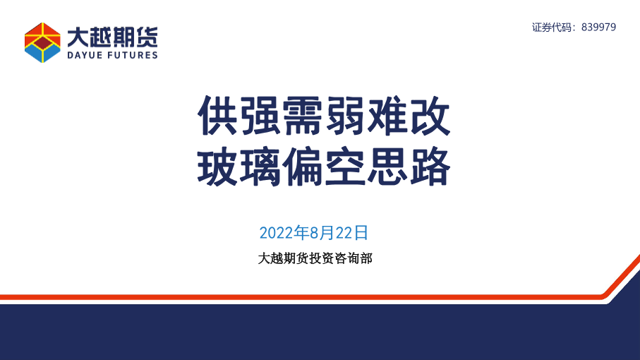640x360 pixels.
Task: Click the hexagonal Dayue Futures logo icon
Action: point(42,42)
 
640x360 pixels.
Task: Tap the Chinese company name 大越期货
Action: point(112,37)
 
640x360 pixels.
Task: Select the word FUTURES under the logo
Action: point(132,55)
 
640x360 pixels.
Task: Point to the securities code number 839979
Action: point(599,27)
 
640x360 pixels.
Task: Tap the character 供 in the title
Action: point(218,116)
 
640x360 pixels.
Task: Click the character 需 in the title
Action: point(303,116)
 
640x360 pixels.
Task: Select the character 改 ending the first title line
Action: point(430,116)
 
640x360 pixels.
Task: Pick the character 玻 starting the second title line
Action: point(218,167)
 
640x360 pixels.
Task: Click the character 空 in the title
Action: point(345,167)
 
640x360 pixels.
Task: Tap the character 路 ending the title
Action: point(430,167)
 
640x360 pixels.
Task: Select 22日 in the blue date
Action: point(352,233)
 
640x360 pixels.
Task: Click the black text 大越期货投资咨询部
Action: point(315,258)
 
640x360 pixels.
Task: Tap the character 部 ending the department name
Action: point(366,258)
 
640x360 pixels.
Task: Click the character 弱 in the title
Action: point(345,116)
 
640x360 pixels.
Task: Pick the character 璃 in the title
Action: point(260,167)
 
